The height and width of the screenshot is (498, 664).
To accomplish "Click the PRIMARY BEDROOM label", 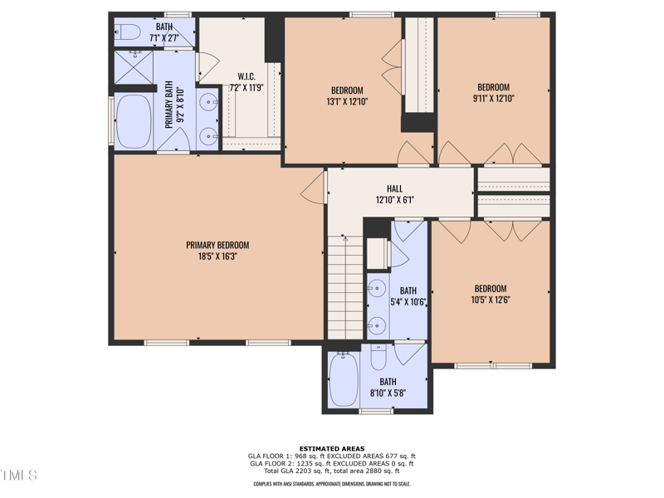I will coord(217,245).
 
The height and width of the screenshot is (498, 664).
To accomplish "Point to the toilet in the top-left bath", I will coord(129,34).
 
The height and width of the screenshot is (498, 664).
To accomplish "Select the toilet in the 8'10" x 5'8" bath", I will coord(378,358).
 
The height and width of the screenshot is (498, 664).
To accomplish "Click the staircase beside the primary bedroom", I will coord(344,286).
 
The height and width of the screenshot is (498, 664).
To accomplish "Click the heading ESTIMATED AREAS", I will coord(331,449).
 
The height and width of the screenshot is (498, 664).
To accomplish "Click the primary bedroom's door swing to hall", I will coord(313,188).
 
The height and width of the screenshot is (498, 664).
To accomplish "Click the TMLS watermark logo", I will coord(19,476).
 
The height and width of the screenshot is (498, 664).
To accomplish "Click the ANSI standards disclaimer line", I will coord(331,484).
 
